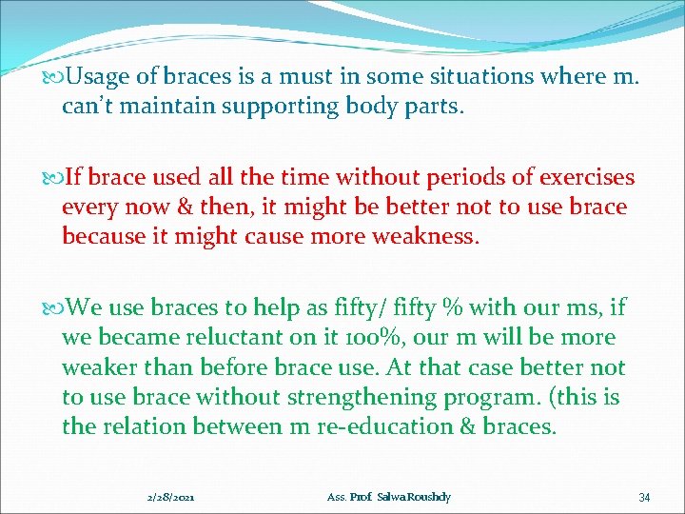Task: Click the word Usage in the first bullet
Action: tap(101, 76)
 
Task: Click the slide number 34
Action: tap(644, 497)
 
